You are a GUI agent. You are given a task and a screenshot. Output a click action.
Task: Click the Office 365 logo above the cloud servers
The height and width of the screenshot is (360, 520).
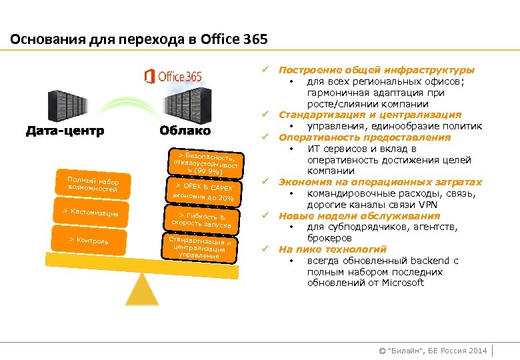[x=173, y=76]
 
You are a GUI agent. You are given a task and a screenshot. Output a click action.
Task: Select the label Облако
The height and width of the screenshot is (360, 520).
[x=185, y=131]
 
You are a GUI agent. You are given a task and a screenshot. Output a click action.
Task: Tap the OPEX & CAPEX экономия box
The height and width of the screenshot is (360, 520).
[x=203, y=192]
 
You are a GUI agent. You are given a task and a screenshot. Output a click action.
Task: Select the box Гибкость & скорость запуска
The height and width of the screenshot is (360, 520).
[x=201, y=219]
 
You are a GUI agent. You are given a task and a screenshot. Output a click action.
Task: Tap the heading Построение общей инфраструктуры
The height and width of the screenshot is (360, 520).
[x=377, y=69]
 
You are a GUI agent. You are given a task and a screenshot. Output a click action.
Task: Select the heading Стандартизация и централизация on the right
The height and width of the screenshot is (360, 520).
[x=369, y=115]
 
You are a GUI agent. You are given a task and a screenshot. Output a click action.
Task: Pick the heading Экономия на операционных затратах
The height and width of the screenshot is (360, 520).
[x=380, y=182]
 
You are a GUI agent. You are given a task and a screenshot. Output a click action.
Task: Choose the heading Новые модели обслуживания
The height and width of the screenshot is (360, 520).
[x=359, y=215]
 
